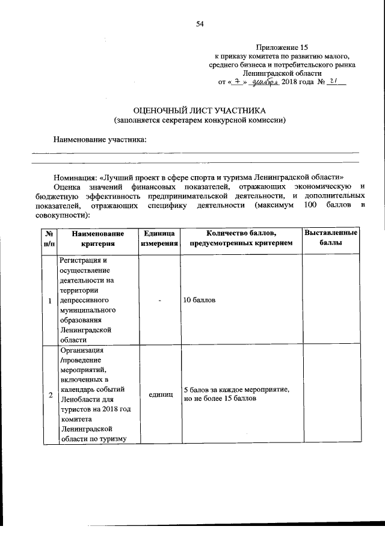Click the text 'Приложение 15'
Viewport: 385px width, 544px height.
[282, 47]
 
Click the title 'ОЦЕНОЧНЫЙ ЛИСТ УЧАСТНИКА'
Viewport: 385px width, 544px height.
[200, 111]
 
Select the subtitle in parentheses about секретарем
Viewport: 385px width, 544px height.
[200, 120]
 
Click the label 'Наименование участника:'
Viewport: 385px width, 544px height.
[100, 139]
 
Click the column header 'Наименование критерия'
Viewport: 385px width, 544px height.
[97, 239]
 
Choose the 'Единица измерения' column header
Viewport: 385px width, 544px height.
[159, 239]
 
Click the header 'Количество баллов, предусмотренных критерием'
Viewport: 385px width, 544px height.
[241, 239]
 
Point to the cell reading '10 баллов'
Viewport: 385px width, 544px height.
[200, 299]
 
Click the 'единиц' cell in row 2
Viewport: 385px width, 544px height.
[159, 394]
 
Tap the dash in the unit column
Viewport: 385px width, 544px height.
[160, 300]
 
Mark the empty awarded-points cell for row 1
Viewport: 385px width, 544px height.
[330, 300]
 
